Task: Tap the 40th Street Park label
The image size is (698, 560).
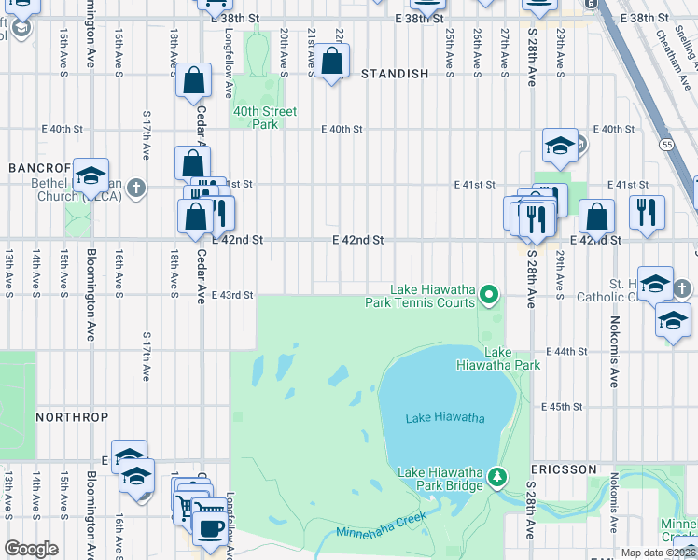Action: (x=265, y=118)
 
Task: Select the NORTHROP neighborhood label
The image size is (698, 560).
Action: (x=72, y=416)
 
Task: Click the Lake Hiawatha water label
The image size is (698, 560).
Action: (x=445, y=418)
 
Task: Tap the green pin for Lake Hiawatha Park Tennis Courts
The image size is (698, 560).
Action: (x=488, y=297)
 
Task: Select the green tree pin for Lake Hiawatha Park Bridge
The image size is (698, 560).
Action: (x=497, y=478)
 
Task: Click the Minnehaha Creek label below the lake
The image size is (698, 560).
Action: (x=383, y=525)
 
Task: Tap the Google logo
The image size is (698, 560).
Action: (x=31, y=549)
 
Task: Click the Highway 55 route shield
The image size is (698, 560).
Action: (x=665, y=145)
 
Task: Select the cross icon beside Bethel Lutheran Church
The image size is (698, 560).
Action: (x=136, y=189)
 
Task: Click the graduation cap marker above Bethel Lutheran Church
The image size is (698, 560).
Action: (x=91, y=175)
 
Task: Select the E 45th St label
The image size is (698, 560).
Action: (x=563, y=407)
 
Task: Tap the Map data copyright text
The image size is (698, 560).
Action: (x=658, y=553)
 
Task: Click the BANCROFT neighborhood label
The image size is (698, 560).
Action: (x=34, y=167)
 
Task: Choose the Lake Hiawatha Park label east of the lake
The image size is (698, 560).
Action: (x=512, y=358)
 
